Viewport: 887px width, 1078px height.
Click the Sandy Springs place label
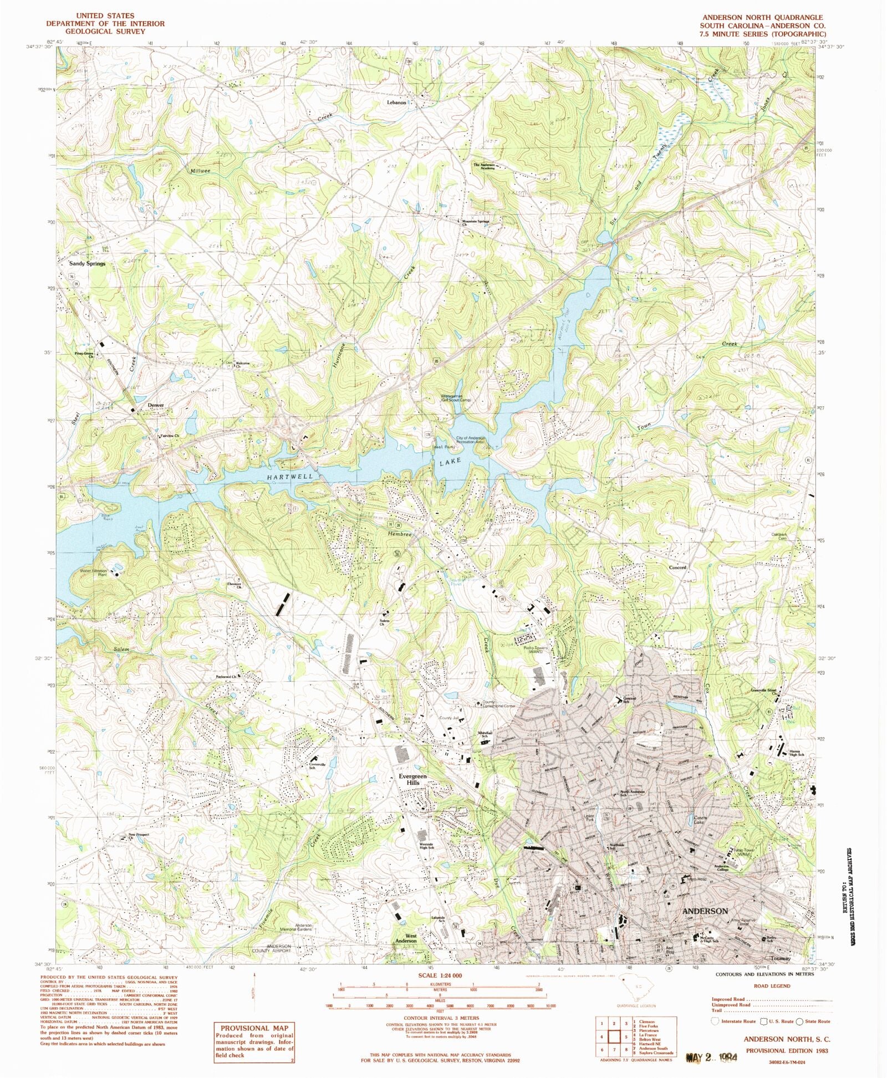click(87, 264)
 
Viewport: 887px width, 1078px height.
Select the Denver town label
click(156, 405)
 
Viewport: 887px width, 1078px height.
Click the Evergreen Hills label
click(413, 779)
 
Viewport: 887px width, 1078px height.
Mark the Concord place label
click(677, 568)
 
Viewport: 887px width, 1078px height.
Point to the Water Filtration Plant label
click(94, 573)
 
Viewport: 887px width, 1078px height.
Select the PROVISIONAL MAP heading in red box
click(254, 1028)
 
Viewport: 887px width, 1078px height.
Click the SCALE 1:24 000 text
click(440, 975)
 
